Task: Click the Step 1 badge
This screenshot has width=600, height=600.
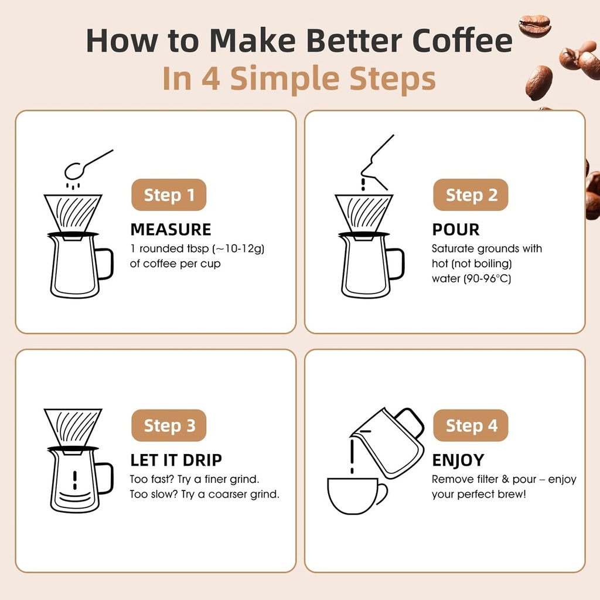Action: point(169,195)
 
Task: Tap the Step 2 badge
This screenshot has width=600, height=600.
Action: point(471,195)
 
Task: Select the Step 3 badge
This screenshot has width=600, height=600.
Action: point(169,425)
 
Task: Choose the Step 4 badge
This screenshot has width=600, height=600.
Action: point(471,425)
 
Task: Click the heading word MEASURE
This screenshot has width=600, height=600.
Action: point(171,229)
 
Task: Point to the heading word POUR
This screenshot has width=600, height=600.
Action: point(455,229)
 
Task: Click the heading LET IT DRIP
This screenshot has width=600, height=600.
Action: point(176,459)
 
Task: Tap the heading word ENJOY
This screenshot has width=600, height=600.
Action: point(458,459)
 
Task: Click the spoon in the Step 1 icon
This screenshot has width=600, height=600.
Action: point(79,169)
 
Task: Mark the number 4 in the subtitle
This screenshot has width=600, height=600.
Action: point(210,79)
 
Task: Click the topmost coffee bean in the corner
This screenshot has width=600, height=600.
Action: point(534,26)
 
